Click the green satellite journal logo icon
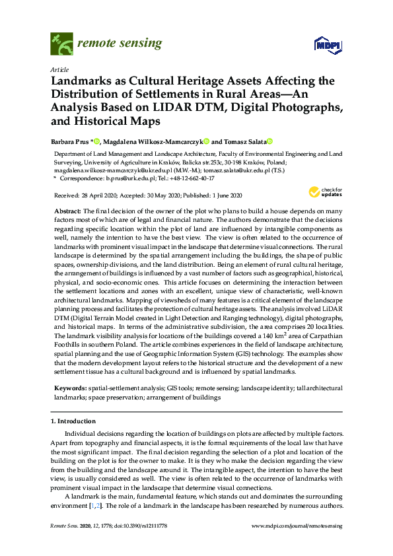61,45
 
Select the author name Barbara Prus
70,141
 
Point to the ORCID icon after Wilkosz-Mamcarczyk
207,141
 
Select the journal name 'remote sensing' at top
120,44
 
